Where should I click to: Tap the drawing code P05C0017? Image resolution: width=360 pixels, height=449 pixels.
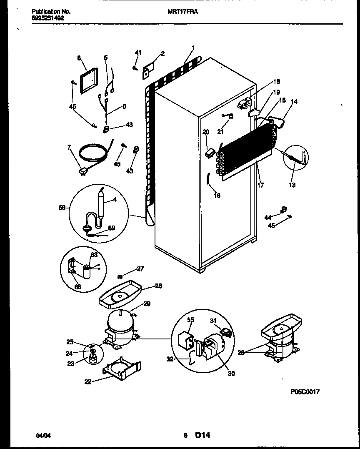tap(305, 391)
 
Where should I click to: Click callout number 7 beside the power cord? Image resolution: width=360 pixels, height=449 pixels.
tap(70, 148)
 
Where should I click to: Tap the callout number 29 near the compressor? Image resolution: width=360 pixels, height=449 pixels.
tap(147, 304)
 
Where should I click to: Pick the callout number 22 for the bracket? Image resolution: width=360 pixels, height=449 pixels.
tap(87, 381)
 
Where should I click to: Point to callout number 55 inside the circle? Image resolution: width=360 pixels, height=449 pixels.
tap(191, 320)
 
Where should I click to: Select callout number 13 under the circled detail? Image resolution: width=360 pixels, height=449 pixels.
tap(292, 185)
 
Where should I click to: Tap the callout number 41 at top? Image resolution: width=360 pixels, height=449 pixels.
tap(138, 53)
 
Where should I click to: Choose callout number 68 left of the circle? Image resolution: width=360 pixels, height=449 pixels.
tap(62, 207)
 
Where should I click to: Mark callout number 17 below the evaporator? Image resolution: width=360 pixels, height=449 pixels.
tap(261, 185)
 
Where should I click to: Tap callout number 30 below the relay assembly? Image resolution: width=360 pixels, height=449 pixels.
tap(231, 374)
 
